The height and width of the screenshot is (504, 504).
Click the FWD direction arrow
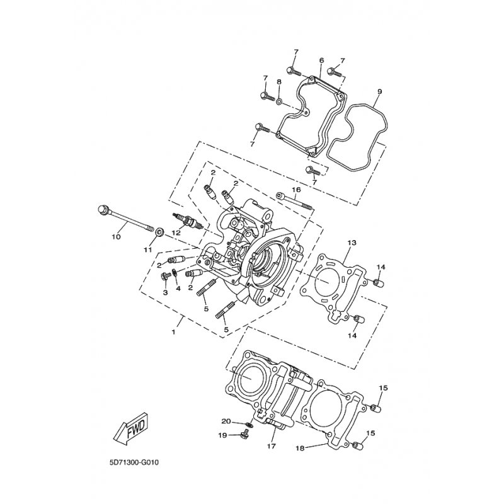[131, 430]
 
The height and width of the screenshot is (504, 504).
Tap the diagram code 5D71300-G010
[134, 463]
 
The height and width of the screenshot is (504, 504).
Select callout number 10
[116, 237]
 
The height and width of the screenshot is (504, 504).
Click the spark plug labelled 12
[188, 222]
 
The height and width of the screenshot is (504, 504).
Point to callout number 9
[379, 91]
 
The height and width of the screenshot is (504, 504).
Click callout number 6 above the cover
[322, 60]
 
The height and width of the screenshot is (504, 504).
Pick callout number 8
[278, 82]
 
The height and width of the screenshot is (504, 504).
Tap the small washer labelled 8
[279, 101]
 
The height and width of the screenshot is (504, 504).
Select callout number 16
[296, 190]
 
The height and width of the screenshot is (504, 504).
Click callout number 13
[352, 243]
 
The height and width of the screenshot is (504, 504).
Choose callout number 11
[147, 249]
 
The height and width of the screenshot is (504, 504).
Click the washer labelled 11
[159, 231]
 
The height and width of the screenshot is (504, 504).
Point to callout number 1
[174, 332]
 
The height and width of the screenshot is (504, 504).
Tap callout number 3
[165, 292]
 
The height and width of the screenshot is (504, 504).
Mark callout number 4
[178, 289]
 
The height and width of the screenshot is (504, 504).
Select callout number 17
[272, 446]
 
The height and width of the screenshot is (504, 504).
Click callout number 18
[300, 448]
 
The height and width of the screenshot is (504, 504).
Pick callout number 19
[223, 435]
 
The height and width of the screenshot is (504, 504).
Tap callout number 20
[226, 421]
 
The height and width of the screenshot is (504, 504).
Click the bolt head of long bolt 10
[103, 209]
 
